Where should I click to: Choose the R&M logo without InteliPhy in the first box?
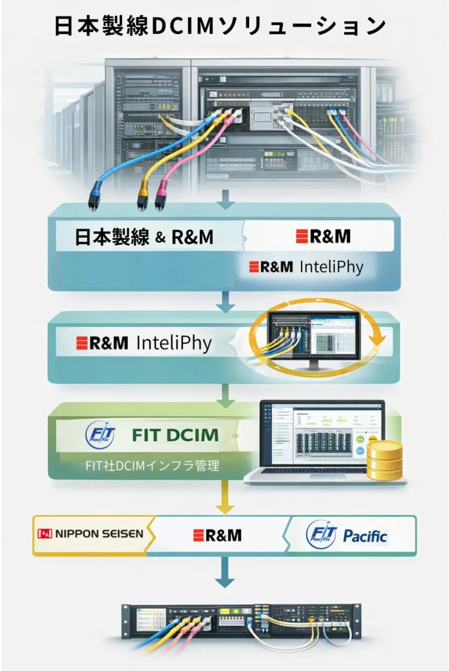coord(323,237)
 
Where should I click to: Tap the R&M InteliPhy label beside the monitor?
coord(144,342)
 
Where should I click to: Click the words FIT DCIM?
coord(175,434)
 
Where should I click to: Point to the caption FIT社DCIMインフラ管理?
coord(152,467)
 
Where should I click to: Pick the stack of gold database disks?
coord(385,460)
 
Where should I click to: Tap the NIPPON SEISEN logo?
coord(90,534)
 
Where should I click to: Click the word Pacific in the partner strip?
coord(364,536)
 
